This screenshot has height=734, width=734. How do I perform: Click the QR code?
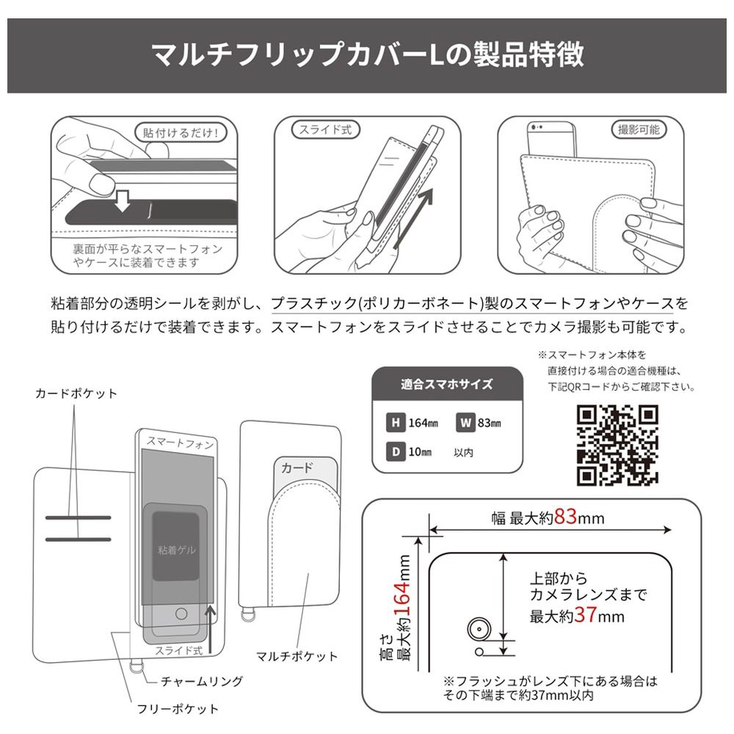coord(617,446)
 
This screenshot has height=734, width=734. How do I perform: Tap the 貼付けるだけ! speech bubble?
coord(181,132)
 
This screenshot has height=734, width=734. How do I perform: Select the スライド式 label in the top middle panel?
coord(325,130)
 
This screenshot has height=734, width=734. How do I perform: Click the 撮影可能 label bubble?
coord(639,130)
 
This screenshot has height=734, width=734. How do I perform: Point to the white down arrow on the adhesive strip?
coord(123,200)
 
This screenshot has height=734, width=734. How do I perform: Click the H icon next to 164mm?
coord(396,423)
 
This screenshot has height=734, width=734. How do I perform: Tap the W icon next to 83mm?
coord(465,423)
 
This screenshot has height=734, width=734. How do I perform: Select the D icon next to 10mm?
coord(396,451)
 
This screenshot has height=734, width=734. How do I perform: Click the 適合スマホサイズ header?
coord(447,385)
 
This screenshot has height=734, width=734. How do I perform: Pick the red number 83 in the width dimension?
coord(565,517)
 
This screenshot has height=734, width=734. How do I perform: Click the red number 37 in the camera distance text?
coord(586,614)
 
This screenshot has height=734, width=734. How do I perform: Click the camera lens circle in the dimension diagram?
coord(479,629)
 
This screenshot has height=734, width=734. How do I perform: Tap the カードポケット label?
coord(76,393)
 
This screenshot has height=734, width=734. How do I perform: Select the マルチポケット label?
coord(297,656)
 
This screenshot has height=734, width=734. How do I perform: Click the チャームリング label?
coord(202,681)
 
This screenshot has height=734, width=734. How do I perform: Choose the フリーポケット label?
coord(178,709)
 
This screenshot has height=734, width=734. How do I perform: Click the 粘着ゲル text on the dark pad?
coord(176,550)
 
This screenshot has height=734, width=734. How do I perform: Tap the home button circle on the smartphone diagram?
coord(181,613)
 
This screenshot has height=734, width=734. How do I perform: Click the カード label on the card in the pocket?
coord(297,468)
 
